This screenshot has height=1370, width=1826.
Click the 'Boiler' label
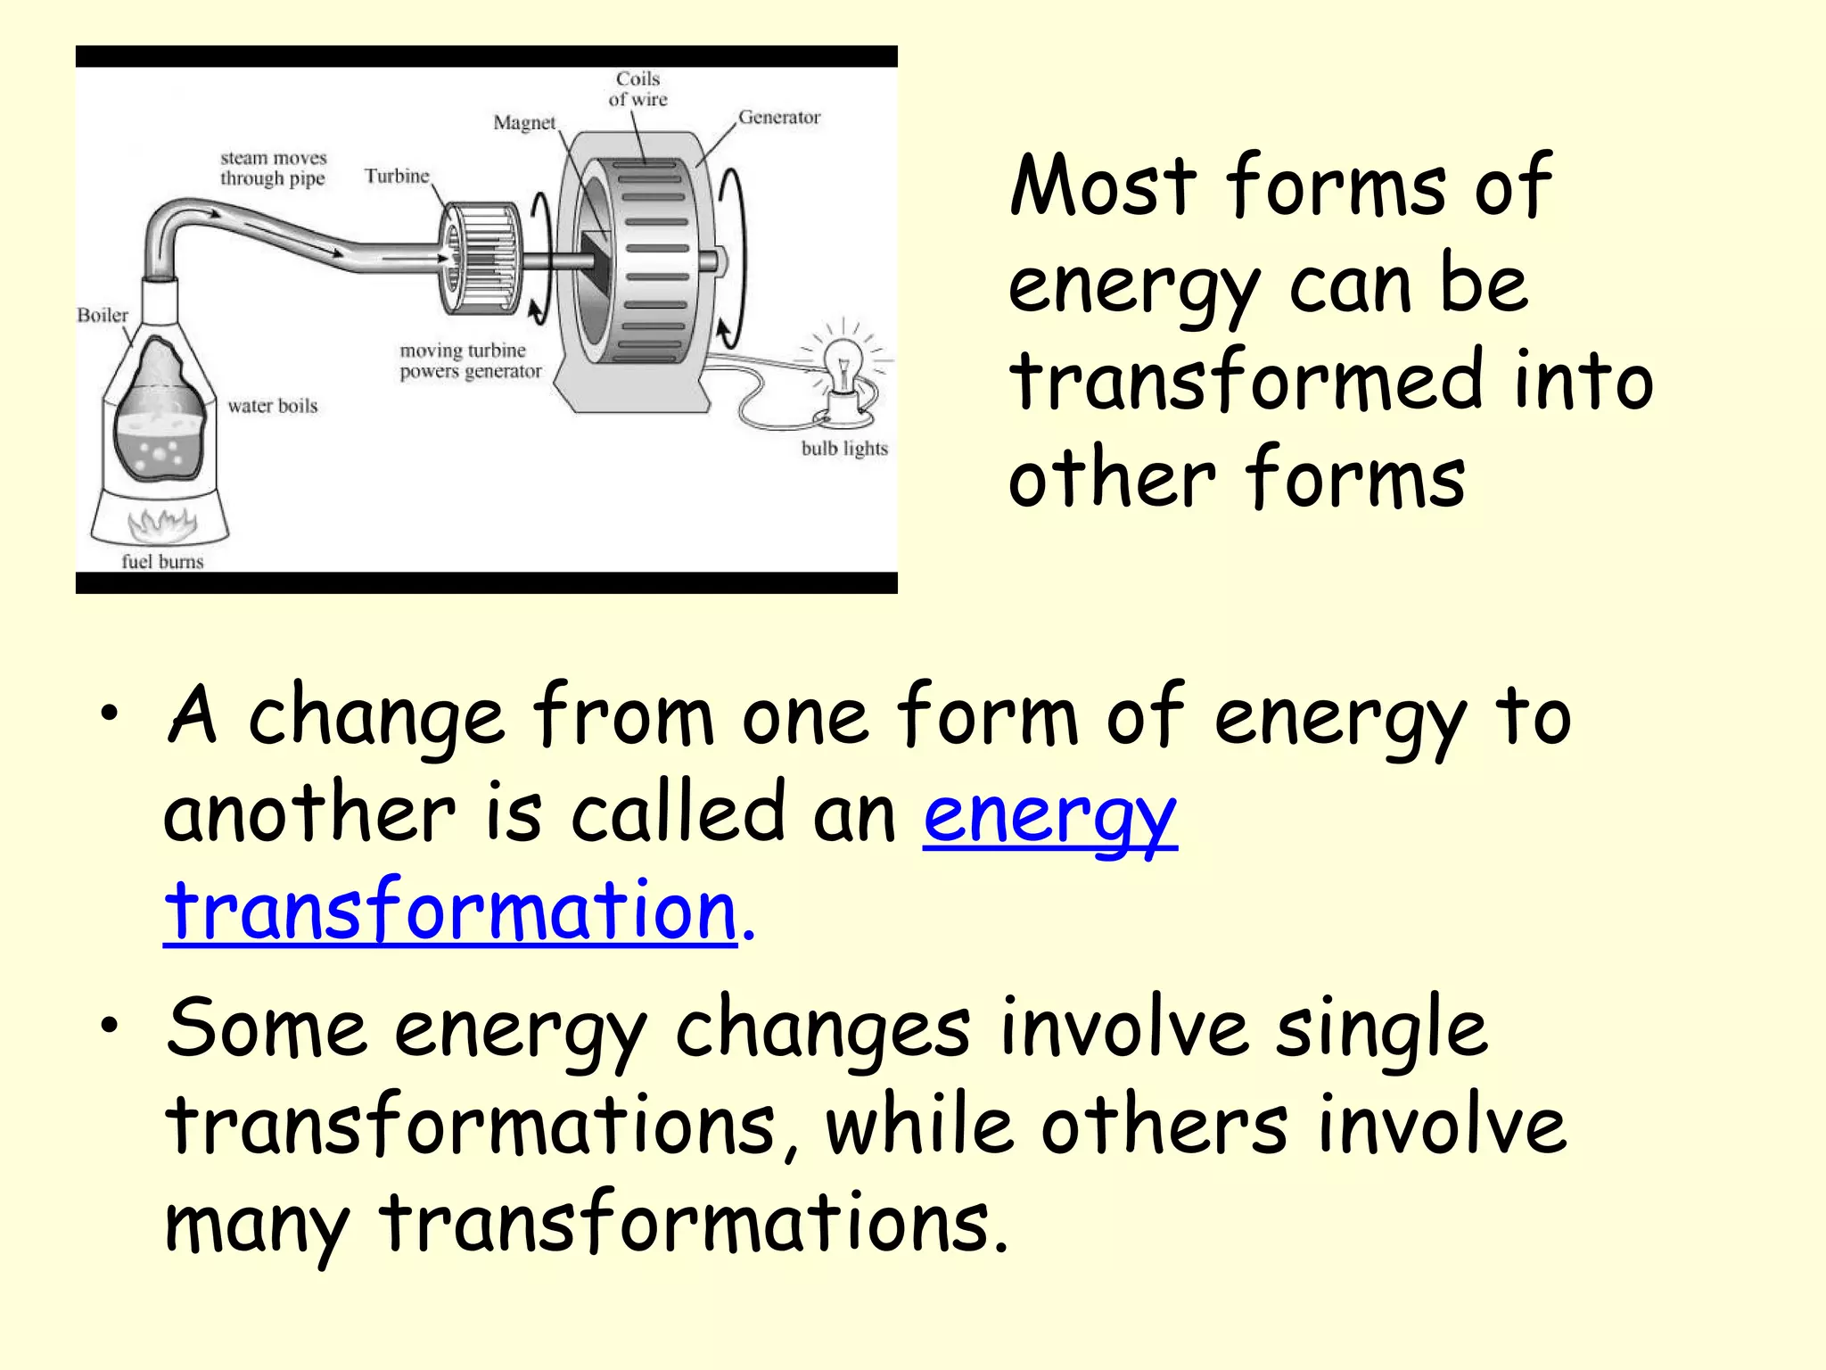click(x=103, y=315)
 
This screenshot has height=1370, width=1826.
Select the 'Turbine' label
click(x=397, y=176)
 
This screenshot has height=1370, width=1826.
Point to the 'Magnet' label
click(x=524, y=122)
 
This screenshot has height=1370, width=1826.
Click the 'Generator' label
click(x=779, y=117)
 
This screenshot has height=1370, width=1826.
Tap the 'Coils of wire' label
click(x=638, y=89)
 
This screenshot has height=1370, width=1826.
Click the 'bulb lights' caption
click(x=844, y=448)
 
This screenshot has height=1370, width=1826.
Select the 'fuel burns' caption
click(x=162, y=561)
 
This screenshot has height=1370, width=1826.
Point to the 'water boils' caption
click(x=273, y=406)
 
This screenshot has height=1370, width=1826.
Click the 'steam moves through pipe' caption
click(x=274, y=168)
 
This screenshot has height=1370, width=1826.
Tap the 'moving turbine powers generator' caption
click(x=470, y=360)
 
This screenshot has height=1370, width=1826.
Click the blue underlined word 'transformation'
click(x=451, y=911)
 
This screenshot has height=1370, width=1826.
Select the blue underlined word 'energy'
click(x=1049, y=815)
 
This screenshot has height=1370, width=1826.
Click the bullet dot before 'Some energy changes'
click(x=109, y=1026)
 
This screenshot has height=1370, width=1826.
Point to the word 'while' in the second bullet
click(x=919, y=1126)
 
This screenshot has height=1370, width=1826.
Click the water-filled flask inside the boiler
click(x=160, y=419)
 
